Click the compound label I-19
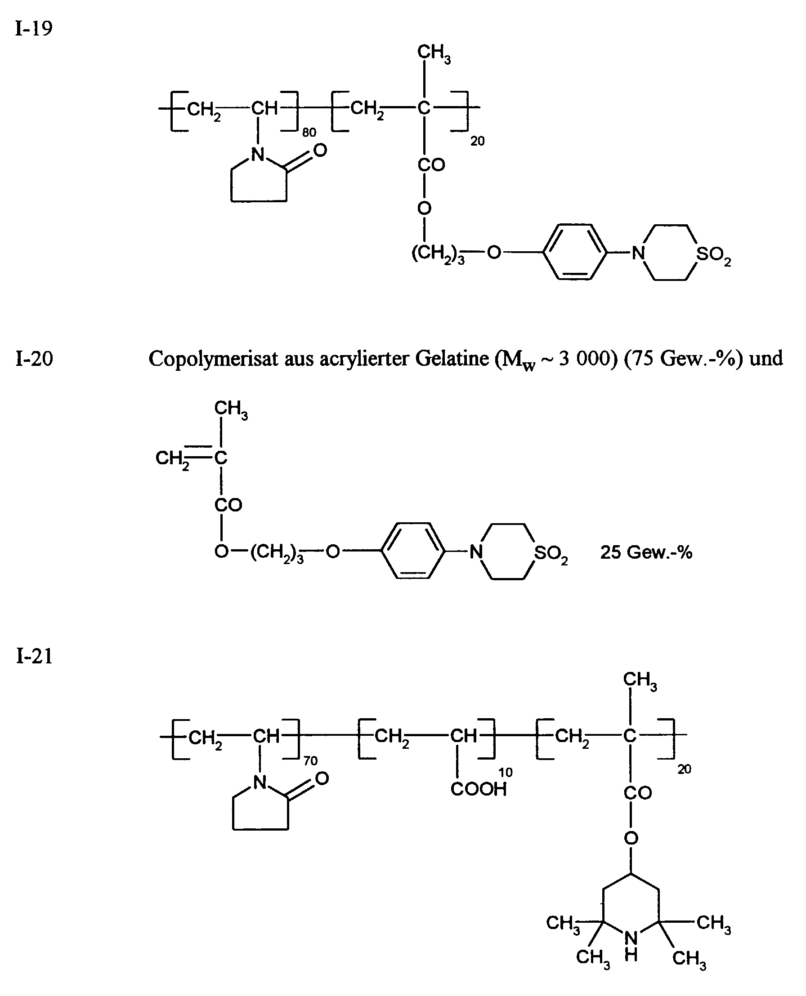pyautogui.click(x=34, y=28)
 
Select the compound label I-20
pyautogui.click(x=34, y=359)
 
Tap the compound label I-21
pyautogui.click(x=34, y=656)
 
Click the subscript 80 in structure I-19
pyautogui.click(x=309, y=133)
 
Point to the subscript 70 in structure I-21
pyautogui.click(x=311, y=761)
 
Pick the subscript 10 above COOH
pyautogui.click(x=506, y=773)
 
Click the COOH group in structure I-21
pyautogui.click(x=479, y=789)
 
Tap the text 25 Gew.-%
pyautogui.click(x=646, y=552)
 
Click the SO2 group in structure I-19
pyautogui.click(x=713, y=255)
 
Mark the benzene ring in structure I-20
pyautogui.click(x=413, y=551)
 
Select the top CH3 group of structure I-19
pyautogui.click(x=434, y=53)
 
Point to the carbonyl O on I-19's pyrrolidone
pyautogui.click(x=320, y=151)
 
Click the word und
pyautogui.click(x=766, y=359)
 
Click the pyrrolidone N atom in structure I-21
pyautogui.click(x=260, y=783)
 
